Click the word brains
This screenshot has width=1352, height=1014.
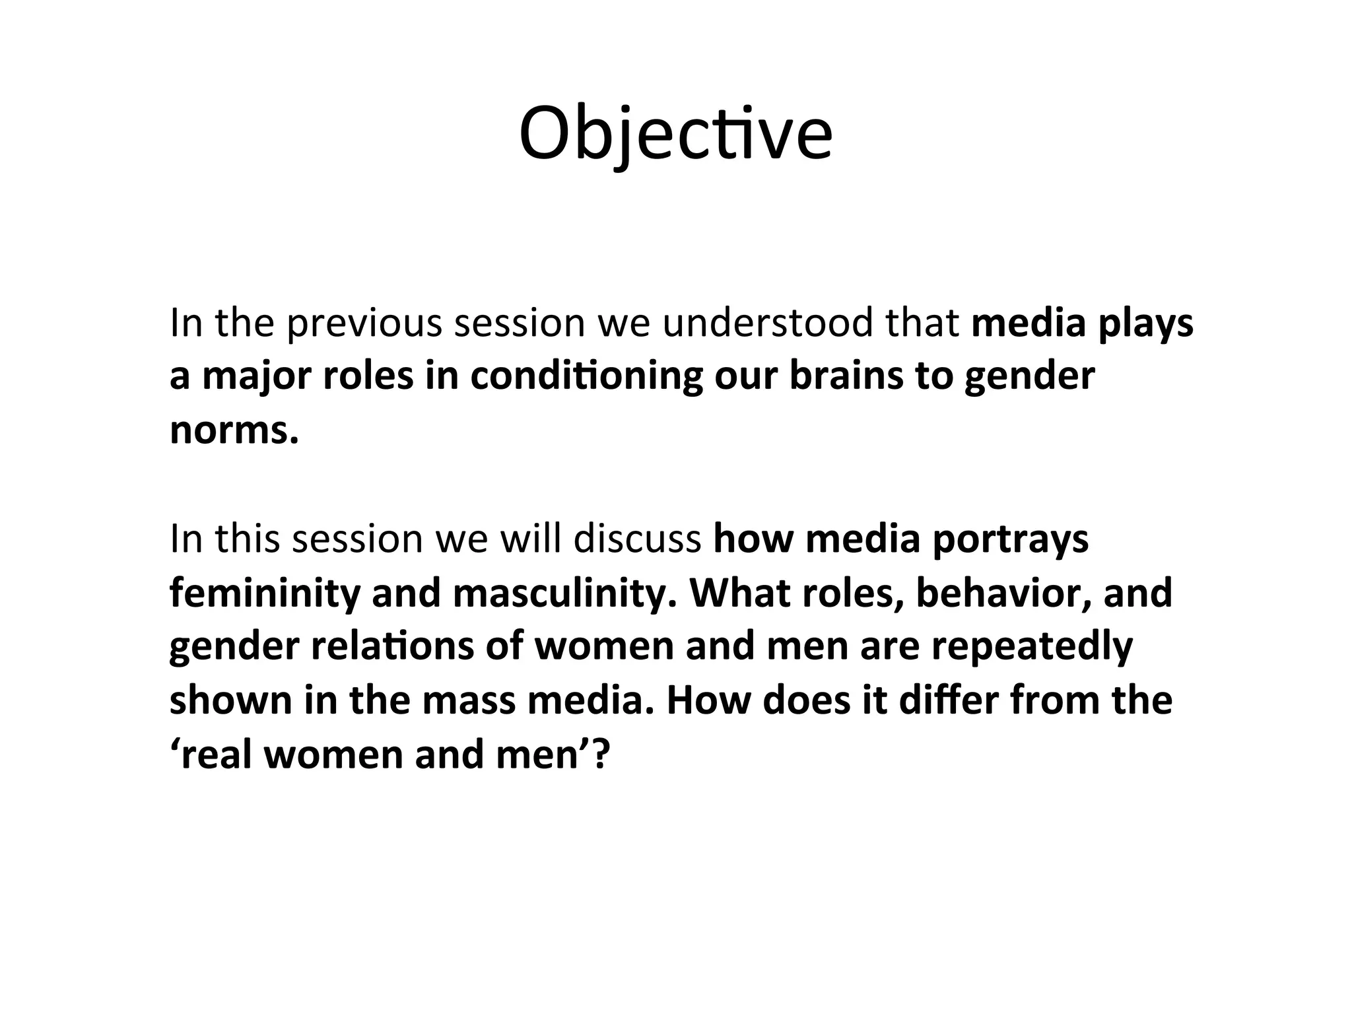[846, 376]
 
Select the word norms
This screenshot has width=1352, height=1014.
[234, 430]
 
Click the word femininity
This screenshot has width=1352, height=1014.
[264, 593]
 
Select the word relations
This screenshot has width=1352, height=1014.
[392, 646]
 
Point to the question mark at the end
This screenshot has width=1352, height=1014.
[599, 754]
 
